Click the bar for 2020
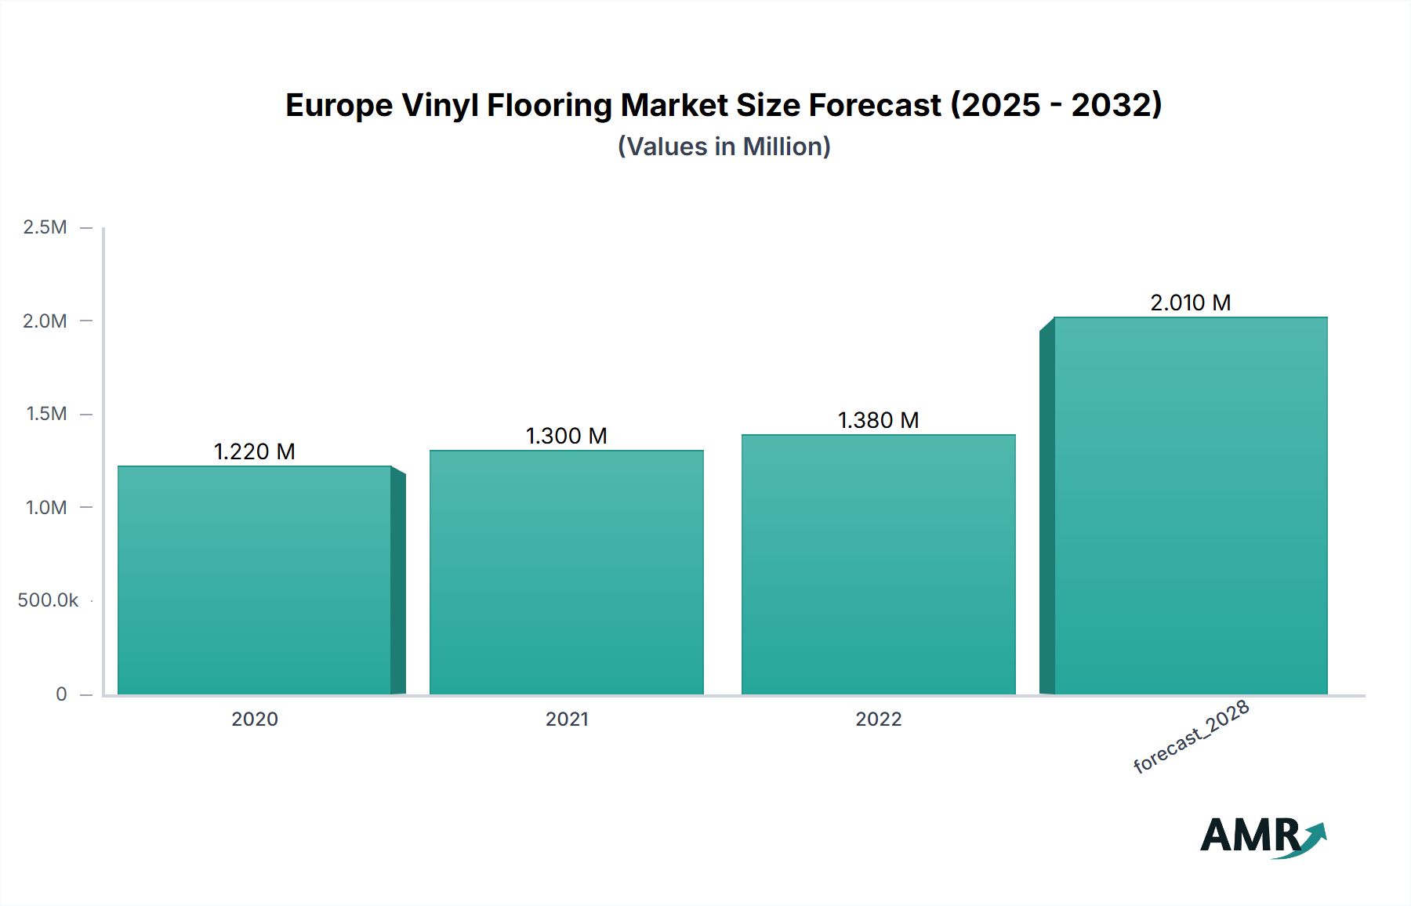coord(255,580)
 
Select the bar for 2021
coord(567,572)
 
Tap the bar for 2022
coord(879,564)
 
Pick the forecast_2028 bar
coord(1191,506)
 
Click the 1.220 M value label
coord(255,451)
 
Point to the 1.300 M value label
coord(567,436)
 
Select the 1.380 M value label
coord(879,420)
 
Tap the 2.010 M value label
coord(1191,303)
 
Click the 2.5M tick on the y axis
coord(45,227)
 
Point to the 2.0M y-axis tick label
coord(45,321)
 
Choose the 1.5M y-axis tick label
coord(46,414)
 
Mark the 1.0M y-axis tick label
coord(46,507)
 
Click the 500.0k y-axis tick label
coord(48,600)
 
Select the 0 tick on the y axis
coord(61,694)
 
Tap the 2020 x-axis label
coord(255,719)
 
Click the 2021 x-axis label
coord(567,719)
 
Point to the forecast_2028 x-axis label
coord(1192,737)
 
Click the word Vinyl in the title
coord(440,106)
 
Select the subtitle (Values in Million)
coord(724,147)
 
